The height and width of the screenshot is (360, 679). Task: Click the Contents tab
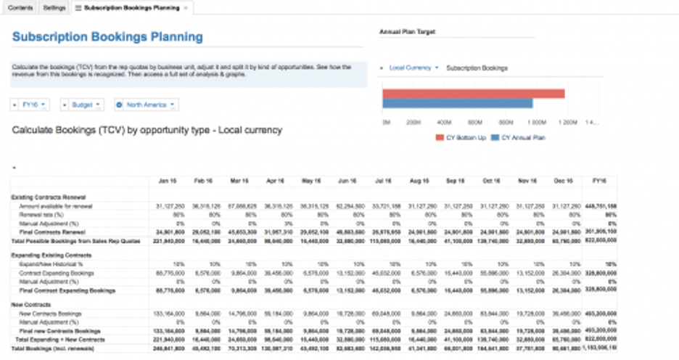tap(20, 7)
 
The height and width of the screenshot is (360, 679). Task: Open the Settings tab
tap(54, 7)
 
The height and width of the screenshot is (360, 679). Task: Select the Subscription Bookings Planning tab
tap(131, 7)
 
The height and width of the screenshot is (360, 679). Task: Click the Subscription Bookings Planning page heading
tap(108, 36)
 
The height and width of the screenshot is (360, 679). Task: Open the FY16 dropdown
tap(31, 105)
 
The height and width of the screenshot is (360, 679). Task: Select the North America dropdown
tap(147, 105)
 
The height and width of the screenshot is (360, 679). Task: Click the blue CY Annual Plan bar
tap(457, 103)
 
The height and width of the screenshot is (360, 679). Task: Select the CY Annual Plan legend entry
tap(519, 137)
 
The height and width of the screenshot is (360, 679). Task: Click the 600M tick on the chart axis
tap(474, 122)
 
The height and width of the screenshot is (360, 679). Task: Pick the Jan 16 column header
tap(167, 181)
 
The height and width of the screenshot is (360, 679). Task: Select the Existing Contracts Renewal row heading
tap(45, 197)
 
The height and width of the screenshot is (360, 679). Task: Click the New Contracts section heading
tap(30, 304)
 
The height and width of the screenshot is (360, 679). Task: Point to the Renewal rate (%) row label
tap(41, 215)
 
